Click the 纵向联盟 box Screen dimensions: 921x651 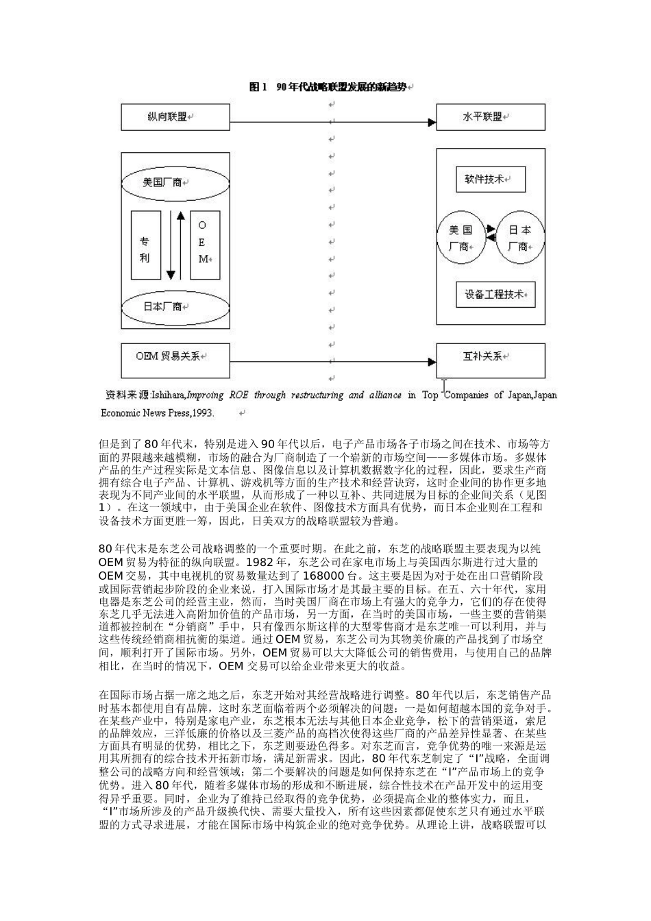click(x=175, y=117)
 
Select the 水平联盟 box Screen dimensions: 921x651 click(x=491, y=117)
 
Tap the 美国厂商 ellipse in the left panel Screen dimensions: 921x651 click(x=175, y=182)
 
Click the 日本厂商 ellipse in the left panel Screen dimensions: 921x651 click(x=175, y=306)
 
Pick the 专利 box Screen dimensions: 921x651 click(x=146, y=245)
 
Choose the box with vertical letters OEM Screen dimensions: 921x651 click(x=205, y=245)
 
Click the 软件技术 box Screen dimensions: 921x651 click(x=489, y=179)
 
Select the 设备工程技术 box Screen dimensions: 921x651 click(x=495, y=294)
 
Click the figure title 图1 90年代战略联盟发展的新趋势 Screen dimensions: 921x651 click(x=332, y=87)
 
